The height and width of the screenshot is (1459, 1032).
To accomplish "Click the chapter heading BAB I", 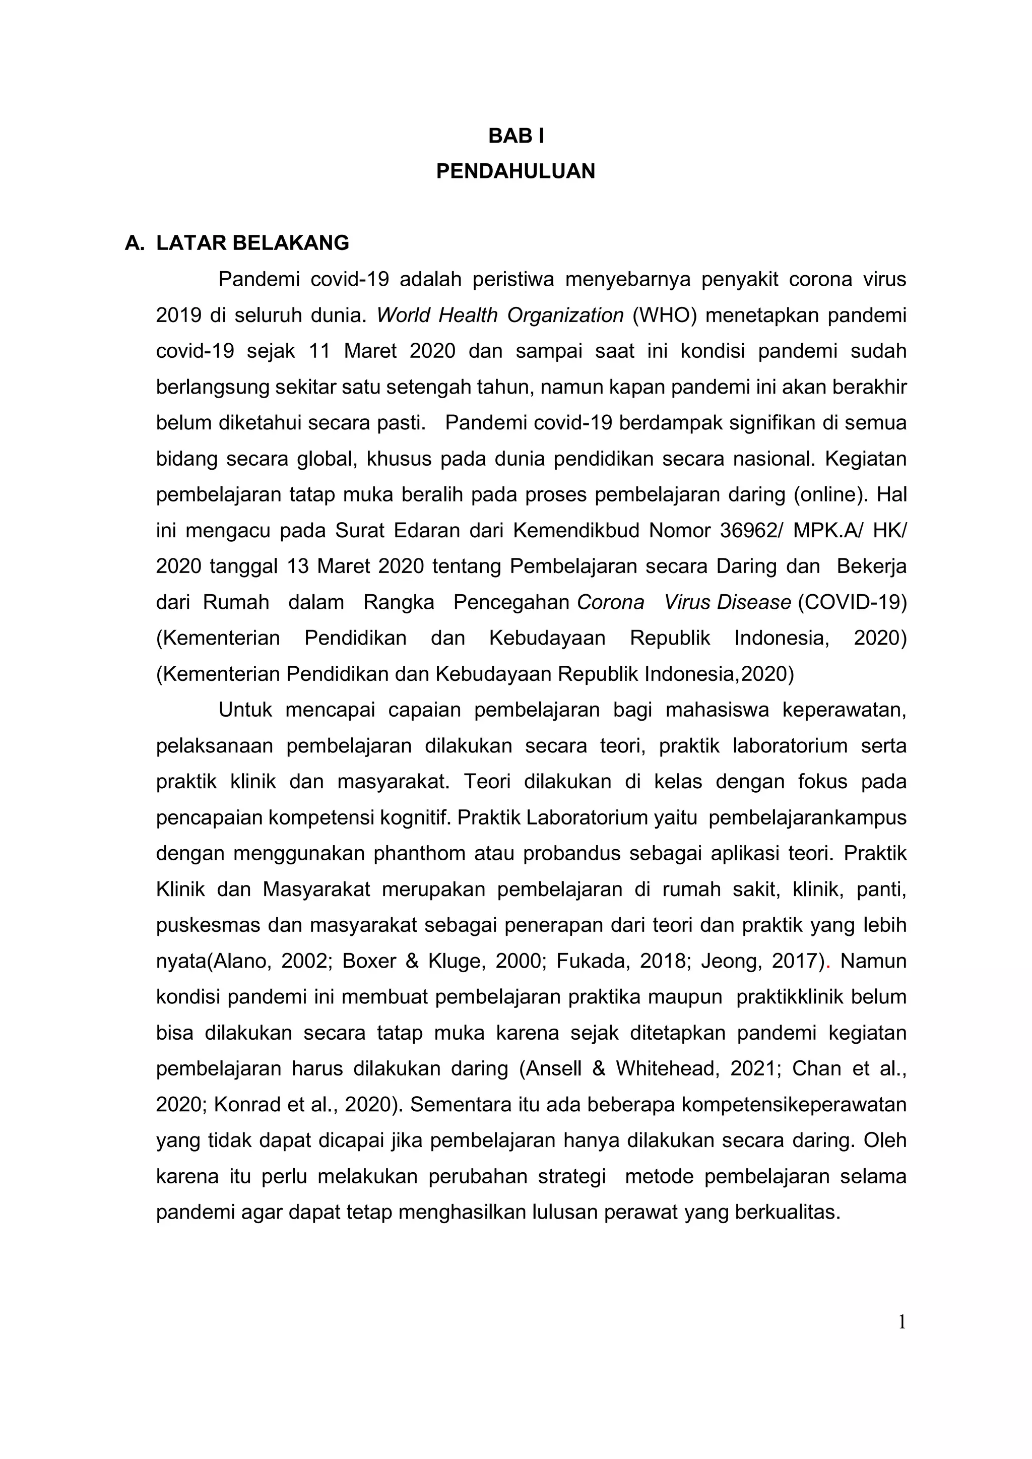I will coord(515,136).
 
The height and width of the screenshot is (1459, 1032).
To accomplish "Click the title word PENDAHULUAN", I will coord(515,171).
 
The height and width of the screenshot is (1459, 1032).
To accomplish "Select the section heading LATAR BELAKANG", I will coord(252,243).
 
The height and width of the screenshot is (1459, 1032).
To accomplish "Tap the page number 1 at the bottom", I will coord(901,1322).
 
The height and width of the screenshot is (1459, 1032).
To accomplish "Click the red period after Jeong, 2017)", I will coord(828,962).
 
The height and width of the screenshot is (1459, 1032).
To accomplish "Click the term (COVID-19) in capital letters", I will coord(852,602).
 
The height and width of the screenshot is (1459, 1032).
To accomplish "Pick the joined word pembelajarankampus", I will coord(807,817).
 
